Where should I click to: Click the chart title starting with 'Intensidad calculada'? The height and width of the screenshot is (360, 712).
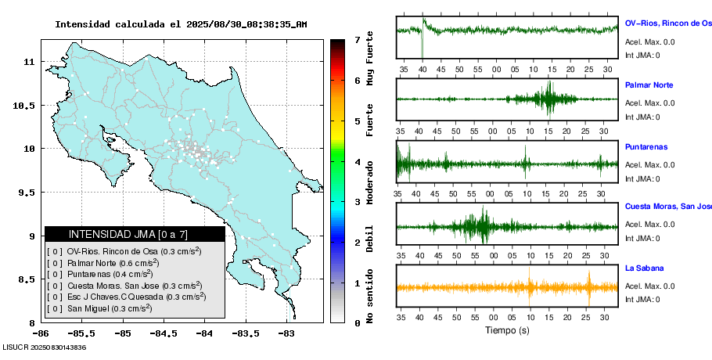tap(181, 24)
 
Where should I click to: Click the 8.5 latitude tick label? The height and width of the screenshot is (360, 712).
tap(27, 279)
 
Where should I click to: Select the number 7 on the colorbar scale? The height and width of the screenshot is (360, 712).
tap(356, 39)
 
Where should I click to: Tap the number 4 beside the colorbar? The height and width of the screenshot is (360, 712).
tap(356, 162)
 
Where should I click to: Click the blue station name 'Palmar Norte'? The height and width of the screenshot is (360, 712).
tap(649, 85)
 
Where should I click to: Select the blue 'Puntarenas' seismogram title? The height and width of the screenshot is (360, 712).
tap(645, 146)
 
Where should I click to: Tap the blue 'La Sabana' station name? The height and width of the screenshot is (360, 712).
tap(644, 268)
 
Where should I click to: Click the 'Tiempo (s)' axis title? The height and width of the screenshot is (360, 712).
tap(507, 330)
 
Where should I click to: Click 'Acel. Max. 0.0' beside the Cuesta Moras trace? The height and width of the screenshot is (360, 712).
tap(649, 225)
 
